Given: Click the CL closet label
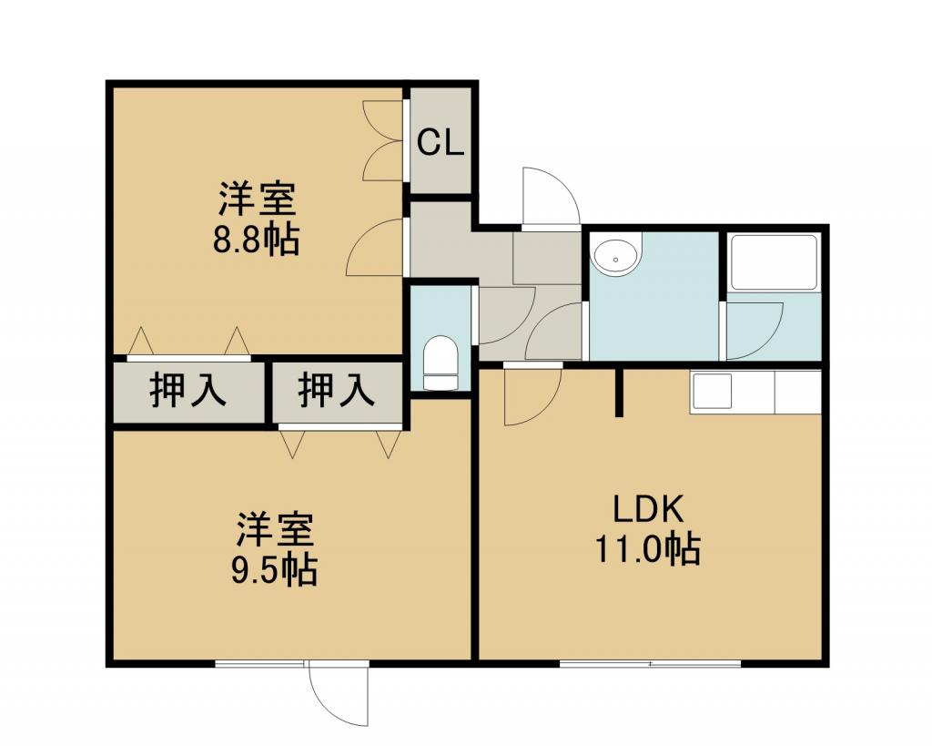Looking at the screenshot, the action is (x=440, y=143).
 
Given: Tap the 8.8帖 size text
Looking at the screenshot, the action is (x=256, y=240).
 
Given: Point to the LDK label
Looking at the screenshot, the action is (x=648, y=509).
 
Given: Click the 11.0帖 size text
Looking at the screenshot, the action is (x=648, y=548).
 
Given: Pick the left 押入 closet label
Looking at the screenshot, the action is (x=187, y=390).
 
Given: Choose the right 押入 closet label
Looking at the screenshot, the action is (x=337, y=390).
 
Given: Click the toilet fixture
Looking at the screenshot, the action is (x=441, y=362).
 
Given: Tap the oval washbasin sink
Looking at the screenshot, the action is (x=616, y=256).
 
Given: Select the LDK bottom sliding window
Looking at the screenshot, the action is (x=651, y=663).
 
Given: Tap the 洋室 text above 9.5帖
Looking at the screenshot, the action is (x=275, y=530).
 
